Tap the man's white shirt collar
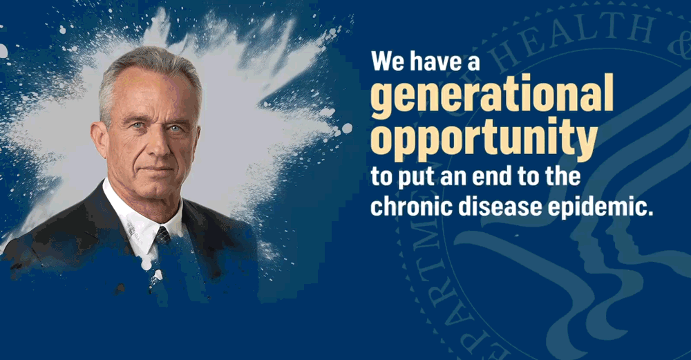coord(135,218)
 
